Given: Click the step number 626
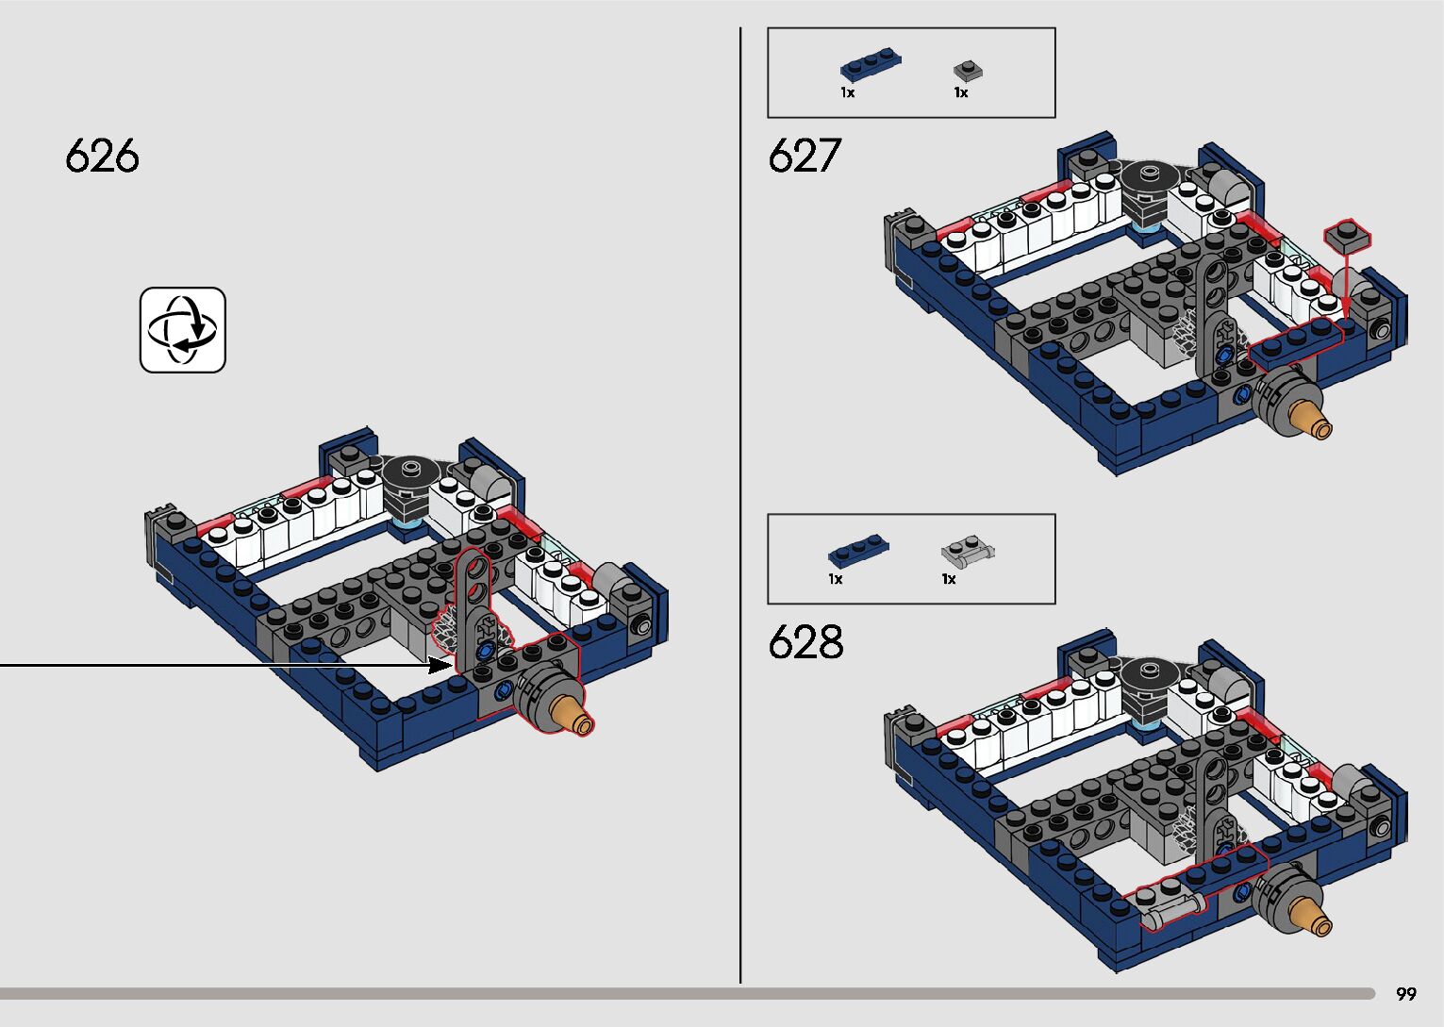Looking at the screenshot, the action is click(102, 156).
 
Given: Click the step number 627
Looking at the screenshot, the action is click(805, 156).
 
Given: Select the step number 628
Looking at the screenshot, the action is click(805, 641).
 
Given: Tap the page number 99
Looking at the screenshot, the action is click(1406, 994).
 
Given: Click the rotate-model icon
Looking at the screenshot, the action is click(183, 329).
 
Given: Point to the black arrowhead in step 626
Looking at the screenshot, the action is click(440, 665).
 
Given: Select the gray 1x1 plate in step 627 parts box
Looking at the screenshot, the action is click(968, 70).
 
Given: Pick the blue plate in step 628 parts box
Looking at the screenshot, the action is click(858, 551).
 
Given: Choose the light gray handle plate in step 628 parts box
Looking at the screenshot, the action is click(969, 553).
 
